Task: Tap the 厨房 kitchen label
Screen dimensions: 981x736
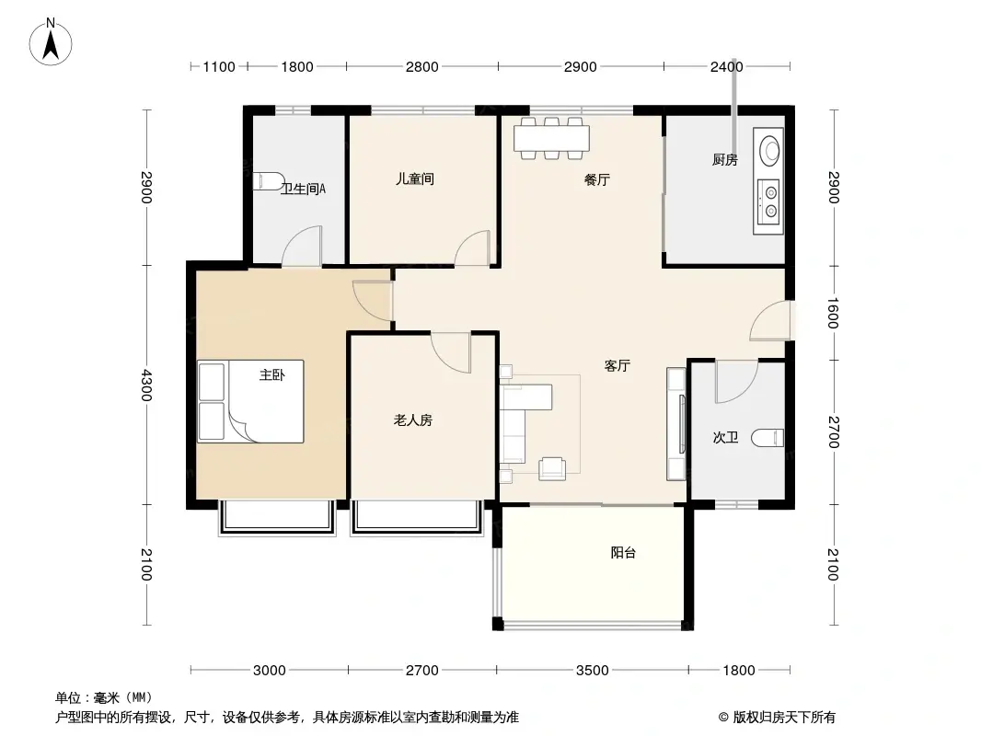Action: [724, 160]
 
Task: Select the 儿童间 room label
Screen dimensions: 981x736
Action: [414, 178]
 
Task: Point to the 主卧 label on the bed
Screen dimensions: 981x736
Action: [272, 374]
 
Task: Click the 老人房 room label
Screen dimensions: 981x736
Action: [413, 420]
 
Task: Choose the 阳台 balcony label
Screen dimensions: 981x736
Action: [623, 552]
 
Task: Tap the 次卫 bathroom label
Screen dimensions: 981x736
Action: [725, 438]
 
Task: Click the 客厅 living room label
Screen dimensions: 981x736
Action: [617, 366]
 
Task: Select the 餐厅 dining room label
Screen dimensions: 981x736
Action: [597, 180]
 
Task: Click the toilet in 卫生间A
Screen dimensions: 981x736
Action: [269, 180]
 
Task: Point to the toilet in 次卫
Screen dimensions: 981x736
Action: [767, 438]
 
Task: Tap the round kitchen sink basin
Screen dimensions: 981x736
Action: [769, 151]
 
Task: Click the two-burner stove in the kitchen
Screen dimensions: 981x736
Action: [768, 201]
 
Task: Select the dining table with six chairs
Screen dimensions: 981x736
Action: [551, 138]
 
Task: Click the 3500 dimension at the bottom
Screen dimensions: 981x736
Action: [592, 671]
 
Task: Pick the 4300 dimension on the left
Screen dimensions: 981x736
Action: [145, 385]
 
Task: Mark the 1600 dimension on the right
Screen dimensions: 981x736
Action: [833, 313]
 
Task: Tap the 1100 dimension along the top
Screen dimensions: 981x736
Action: [219, 67]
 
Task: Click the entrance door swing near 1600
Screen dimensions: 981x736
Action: [771, 321]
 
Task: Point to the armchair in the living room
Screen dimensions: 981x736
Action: [552, 468]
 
